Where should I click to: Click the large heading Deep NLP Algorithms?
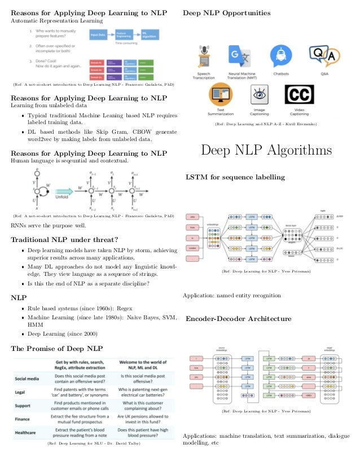(266, 151)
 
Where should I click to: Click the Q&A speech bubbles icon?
(324, 55)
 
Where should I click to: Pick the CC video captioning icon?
(299, 96)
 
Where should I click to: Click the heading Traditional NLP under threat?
(64, 240)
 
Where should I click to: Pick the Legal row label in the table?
(23, 392)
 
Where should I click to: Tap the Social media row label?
(30, 379)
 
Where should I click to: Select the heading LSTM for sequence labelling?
(235, 178)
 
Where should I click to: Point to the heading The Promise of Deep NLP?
(57, 348)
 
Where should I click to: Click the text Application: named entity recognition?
(232, 296)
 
